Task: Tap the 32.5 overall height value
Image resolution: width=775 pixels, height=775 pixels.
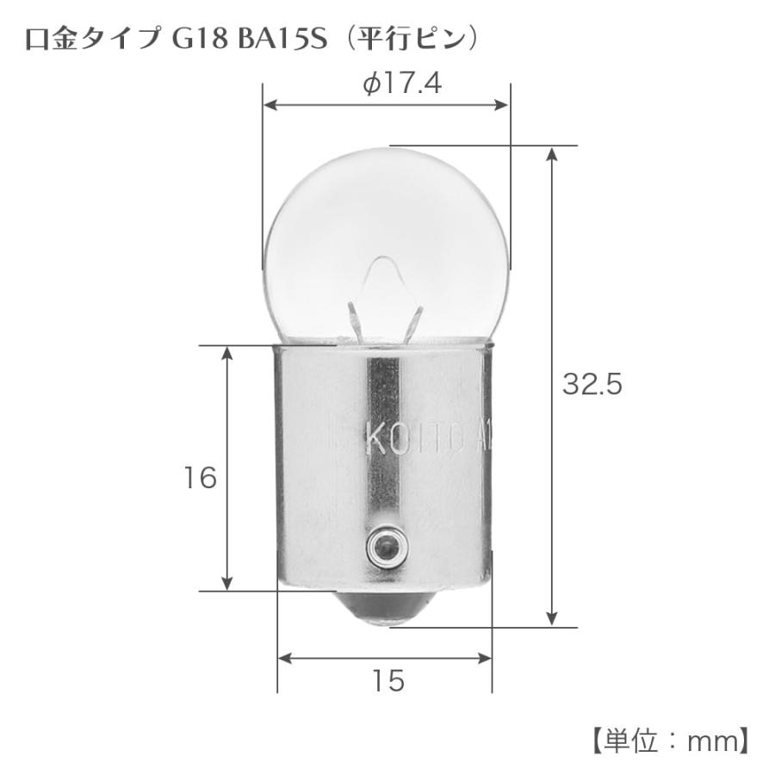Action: coord(592,385)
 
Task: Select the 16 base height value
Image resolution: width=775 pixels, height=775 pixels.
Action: coord(201,478)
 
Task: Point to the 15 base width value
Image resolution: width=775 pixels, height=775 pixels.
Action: coord(388,681)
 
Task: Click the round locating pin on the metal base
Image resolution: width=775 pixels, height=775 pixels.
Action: coord(382,544)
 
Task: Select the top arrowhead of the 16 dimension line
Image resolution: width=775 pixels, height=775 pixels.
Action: coord(227,353)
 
